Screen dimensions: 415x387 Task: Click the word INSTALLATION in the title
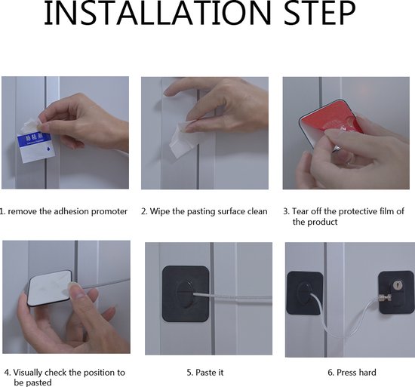[158, 14]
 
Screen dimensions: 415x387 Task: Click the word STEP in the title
[320, 14]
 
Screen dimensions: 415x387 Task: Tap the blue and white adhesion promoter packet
[35, 147]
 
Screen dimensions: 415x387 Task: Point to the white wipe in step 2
[183, 140]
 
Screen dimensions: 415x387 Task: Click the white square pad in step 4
[50, 288]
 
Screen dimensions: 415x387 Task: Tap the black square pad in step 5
[186, 293]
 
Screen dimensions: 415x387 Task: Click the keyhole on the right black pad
[397, 285]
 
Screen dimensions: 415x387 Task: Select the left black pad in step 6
[305, 293]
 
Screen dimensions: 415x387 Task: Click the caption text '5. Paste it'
[205, 373]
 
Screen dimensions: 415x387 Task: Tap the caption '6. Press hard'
[352, 373]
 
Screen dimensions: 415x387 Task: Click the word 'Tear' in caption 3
[300, 211]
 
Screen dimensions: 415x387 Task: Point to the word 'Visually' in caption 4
[28, 373]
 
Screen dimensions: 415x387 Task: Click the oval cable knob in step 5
[186, 293]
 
